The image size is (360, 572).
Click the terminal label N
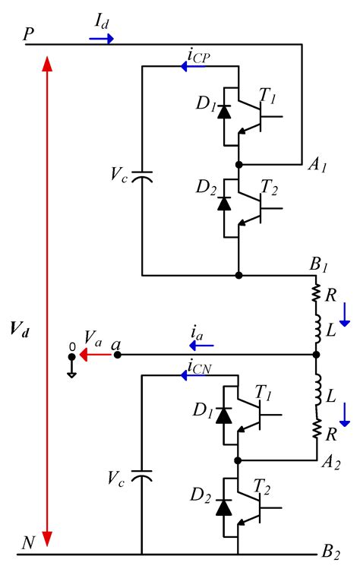pos(28,542)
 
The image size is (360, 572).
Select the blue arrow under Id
pos(101,38)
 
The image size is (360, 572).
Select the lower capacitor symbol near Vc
pos(142,477)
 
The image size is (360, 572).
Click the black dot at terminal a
pos(117,355)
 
